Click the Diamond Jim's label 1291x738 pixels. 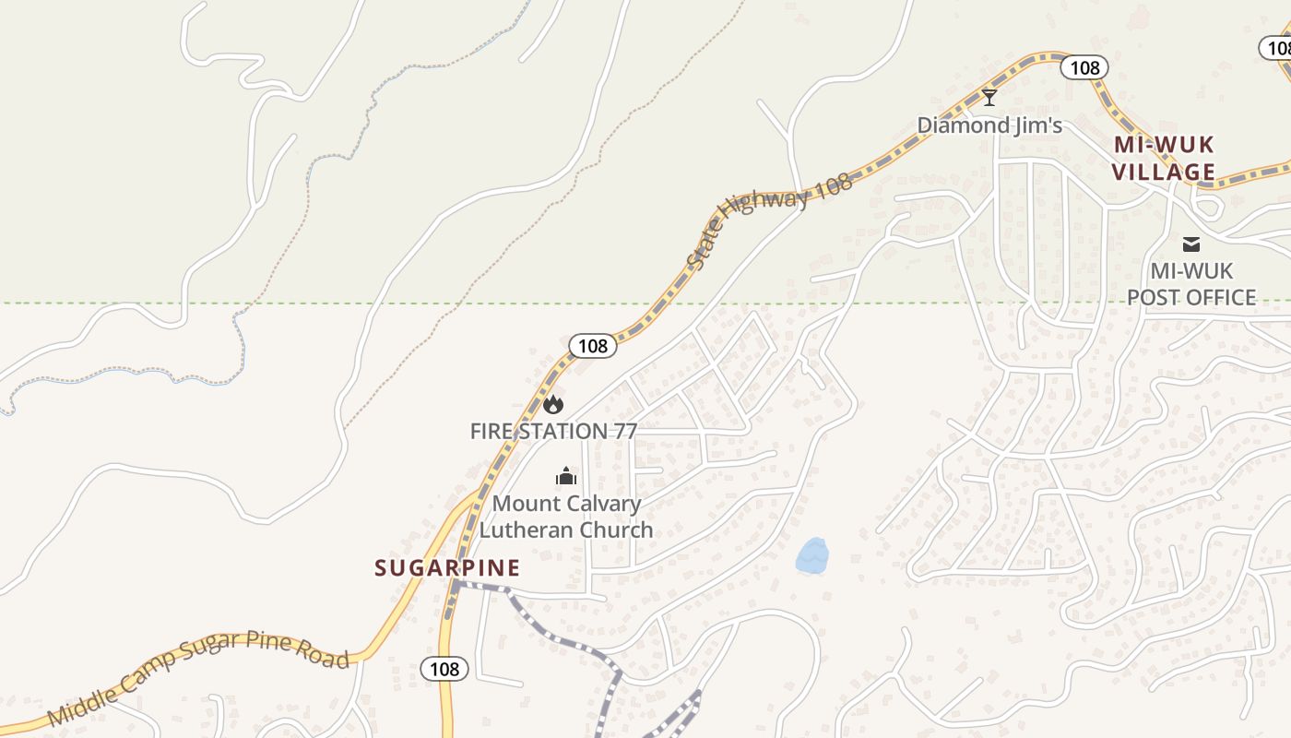[x=989, y=125]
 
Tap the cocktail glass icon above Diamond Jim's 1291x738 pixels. [x=989, y=97]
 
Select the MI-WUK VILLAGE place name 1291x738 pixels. [x=1163, y=159]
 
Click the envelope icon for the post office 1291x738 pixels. [x=1191, y=244]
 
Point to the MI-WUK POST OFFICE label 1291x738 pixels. [x=1191, y=284]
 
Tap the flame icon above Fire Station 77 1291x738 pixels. [x=553, y=404]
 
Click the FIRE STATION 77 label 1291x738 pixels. [x=553, y=431]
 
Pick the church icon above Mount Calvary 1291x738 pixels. [x=565, y=476]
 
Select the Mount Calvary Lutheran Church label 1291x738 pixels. [x=566, y=517]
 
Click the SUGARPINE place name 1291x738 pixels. [x=447, y=568]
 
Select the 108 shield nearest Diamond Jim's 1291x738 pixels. [x=1084, y=66]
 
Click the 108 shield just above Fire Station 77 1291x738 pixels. [x=592, y=346]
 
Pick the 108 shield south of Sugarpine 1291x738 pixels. [x=444, y=669]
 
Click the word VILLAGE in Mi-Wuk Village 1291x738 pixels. [x=1163, y=173]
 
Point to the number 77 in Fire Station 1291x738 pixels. [x=621, y=431]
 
